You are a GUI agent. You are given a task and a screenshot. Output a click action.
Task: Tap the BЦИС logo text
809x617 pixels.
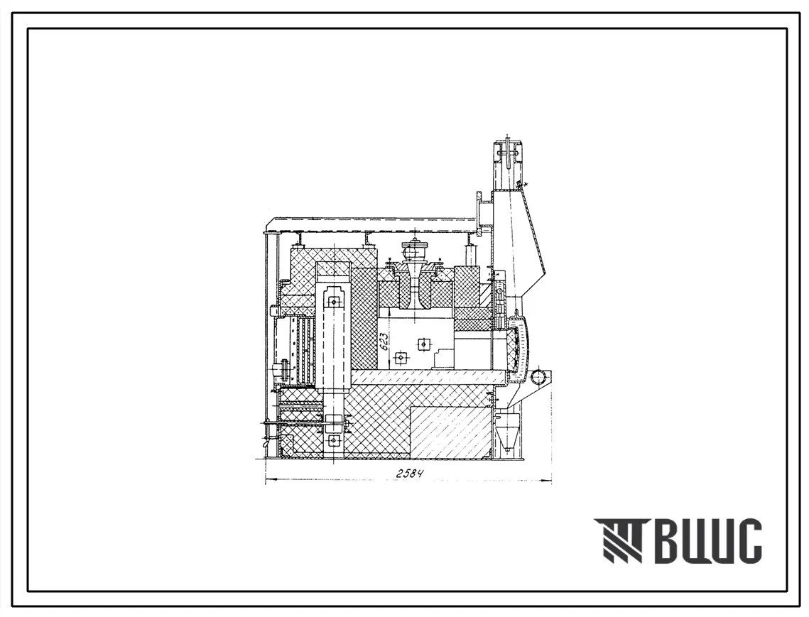pos(711,541)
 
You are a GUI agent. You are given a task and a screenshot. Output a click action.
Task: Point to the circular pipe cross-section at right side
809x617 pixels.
pos(539,376)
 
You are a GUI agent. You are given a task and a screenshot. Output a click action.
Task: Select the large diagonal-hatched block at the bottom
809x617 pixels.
pos(450,431)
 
